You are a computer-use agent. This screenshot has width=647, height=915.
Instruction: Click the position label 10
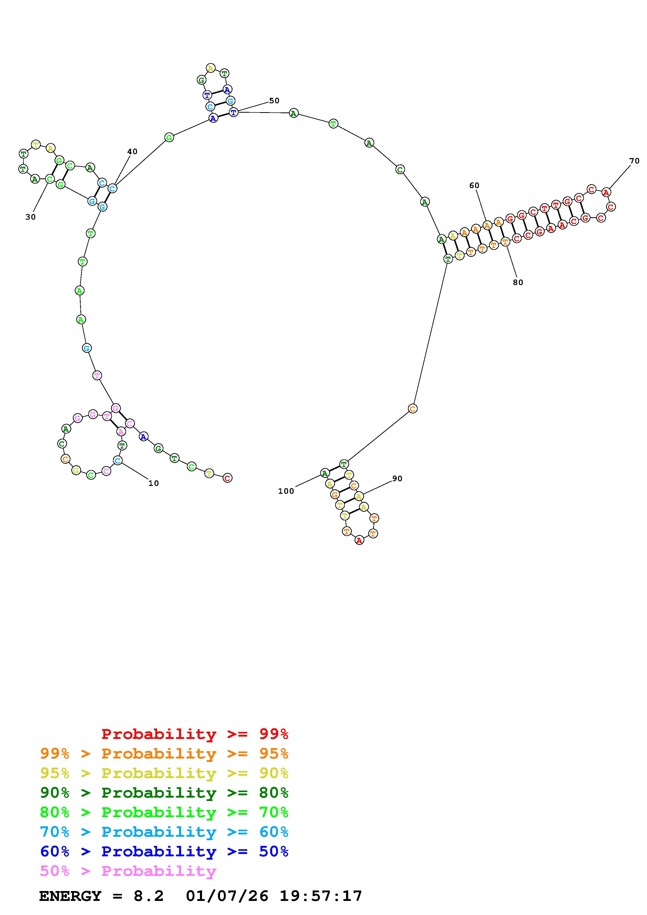(153, 483)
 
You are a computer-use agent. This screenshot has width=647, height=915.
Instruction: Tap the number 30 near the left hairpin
(30, 217)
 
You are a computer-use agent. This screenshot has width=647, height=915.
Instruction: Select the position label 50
(274, 101)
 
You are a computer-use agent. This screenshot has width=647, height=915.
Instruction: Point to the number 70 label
(634, 161)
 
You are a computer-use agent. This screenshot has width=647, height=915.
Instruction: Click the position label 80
(518, 282)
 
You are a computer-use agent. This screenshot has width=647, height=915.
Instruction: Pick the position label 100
(286, 491)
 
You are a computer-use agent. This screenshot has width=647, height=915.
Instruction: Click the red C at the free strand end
(227, 478)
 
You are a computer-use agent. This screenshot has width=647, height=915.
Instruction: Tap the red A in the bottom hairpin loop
(359, 540)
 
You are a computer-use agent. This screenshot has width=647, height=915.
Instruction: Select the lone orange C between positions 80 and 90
(413, 408)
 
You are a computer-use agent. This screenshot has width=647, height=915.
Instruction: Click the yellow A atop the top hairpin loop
(210, 68)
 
